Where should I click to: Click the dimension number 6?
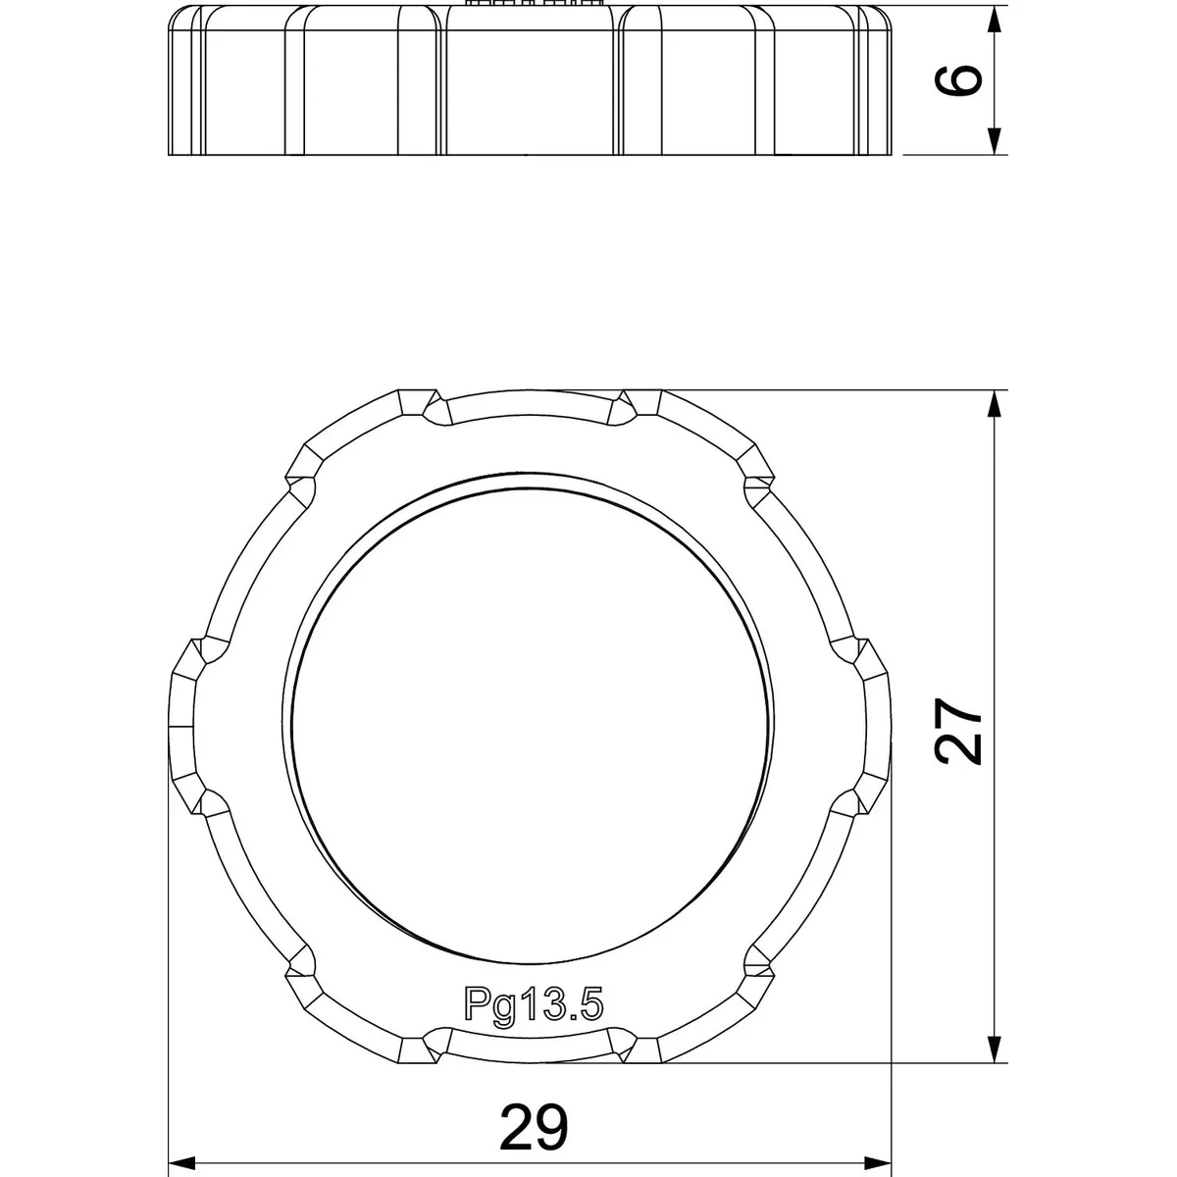[x=958, y=80]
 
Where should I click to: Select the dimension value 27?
[x=958, y=732]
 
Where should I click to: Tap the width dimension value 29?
[x=534, y=1127]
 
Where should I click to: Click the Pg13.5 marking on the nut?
[x=534, y=1003]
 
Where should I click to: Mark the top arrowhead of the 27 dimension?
[x=995, y=404]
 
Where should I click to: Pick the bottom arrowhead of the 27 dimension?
[x=995, y=1049]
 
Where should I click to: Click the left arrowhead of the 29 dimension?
[x=181, y=1163]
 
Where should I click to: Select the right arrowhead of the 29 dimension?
[x=878, y=1163]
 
